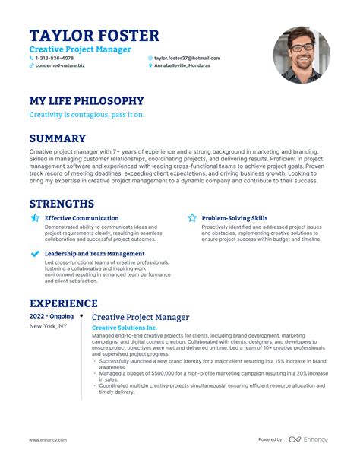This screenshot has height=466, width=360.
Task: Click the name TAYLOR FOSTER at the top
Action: point(94,35)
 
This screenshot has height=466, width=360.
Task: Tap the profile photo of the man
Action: point(302,56)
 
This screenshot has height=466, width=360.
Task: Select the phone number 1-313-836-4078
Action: point(55,58)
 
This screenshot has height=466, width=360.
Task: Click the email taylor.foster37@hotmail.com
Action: point(187,58)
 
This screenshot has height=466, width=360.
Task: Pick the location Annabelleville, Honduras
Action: point(187,66)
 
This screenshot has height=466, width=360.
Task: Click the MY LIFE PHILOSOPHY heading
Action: point(86,100)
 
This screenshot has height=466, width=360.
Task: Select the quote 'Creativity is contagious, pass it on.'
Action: point(87,115)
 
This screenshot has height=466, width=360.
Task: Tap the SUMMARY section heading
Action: point(57,138)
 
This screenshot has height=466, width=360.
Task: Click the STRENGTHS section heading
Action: point(62,204)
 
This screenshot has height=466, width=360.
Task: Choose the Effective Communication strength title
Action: point(81,218)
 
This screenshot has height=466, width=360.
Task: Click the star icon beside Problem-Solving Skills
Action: point(192,218)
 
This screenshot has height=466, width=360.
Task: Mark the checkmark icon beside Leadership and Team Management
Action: point(35,253)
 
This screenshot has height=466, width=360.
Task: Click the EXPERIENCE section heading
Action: point(63,303)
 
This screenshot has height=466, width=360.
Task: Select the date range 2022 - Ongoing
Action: point(51,316)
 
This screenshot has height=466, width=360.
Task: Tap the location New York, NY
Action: point(48,326)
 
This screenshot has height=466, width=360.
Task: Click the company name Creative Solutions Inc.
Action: point(125,327)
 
